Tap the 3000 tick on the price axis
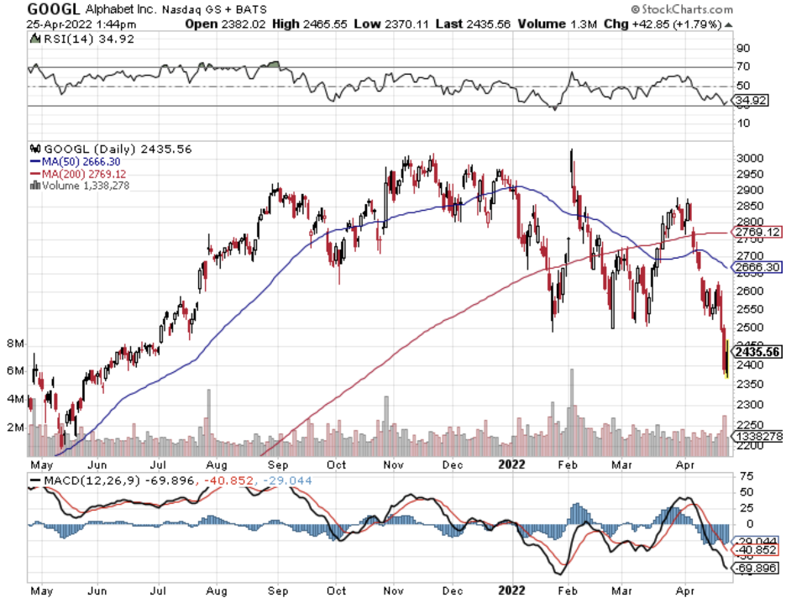[750, 158]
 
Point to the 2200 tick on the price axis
[750, 447]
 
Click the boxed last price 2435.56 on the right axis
[758, 353]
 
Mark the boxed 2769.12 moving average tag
[758, 232]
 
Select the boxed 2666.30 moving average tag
[758, 267]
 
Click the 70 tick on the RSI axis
[744, 66]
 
